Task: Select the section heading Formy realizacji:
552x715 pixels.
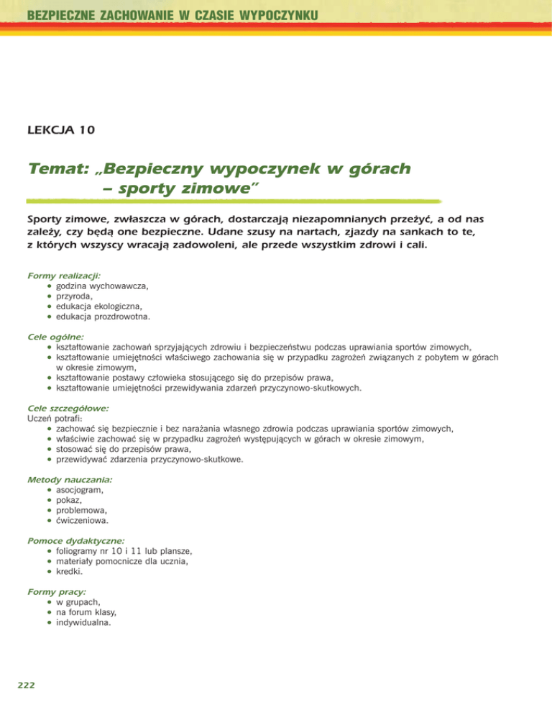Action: click(x=64, y=275)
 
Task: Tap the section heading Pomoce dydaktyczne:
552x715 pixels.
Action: click(x=75, y=539)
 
